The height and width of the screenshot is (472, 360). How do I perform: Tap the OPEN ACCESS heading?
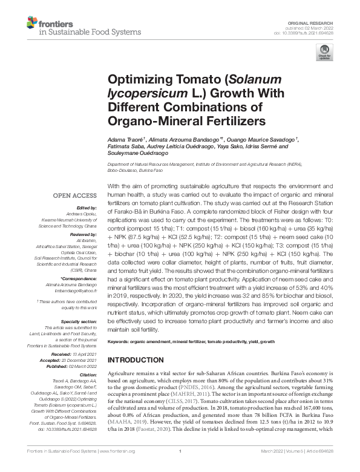(x=74, y=196)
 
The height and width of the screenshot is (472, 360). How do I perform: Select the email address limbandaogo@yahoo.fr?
(x=74, y=290)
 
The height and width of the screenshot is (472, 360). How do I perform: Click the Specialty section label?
(x=79, y=322)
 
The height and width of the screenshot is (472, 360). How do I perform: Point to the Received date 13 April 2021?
(x=85, y=352)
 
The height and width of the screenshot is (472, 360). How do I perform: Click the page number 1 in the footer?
(x=180, y=468)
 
